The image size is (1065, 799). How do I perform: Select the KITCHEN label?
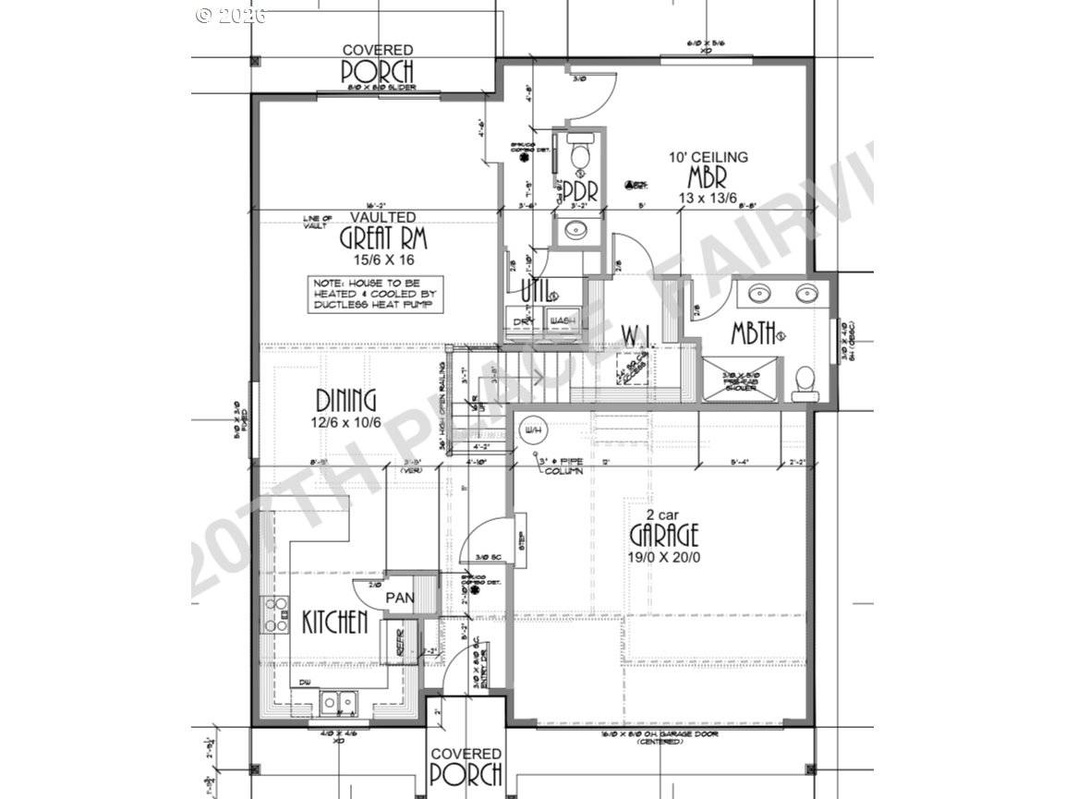334,622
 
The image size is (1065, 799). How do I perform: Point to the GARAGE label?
664,535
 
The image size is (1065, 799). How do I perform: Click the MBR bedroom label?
708,177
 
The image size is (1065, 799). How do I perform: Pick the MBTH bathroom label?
753,334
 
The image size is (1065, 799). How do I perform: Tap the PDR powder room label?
580,191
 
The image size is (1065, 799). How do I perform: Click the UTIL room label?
534,290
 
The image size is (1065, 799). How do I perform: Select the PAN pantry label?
399,598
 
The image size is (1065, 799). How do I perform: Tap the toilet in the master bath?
806,381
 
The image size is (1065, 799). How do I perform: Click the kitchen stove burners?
276,614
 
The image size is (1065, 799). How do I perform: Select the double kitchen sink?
338,702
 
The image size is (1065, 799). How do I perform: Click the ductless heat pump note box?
376,294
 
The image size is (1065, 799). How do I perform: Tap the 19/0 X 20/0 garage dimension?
664,557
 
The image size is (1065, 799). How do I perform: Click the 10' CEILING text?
708,158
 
